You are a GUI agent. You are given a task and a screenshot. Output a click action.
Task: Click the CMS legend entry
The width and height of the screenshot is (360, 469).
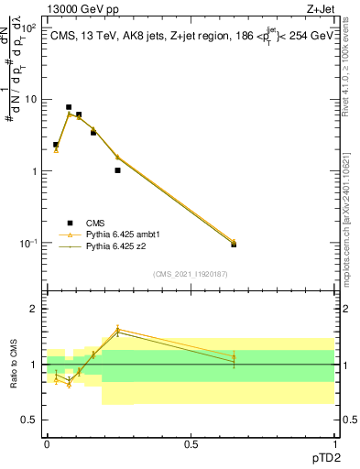(95, 223)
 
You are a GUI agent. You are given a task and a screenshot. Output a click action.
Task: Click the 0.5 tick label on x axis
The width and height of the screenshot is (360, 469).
(191, 443)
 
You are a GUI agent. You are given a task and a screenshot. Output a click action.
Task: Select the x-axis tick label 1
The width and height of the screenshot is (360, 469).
(333, 443)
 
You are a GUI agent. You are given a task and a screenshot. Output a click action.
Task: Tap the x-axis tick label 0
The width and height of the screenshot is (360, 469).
(47, 443)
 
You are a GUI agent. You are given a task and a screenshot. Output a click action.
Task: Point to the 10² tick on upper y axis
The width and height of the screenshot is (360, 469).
(29, 27)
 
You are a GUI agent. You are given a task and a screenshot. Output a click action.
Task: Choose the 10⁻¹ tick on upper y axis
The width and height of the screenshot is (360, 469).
(29, 243)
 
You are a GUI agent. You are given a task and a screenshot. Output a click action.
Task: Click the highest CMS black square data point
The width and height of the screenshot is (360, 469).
(69, 107)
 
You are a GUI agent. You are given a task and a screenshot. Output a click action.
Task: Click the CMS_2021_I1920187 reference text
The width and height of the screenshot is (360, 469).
(190, 274)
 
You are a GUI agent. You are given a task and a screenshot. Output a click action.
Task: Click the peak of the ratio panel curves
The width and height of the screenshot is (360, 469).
(117, 329)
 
